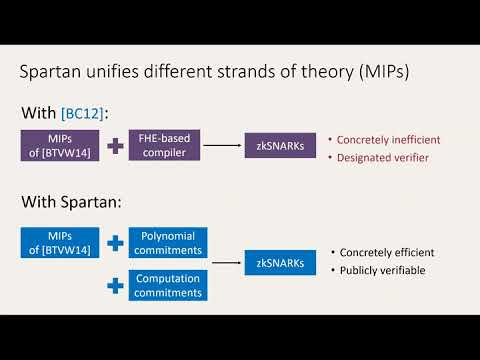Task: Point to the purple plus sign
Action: [115, 146]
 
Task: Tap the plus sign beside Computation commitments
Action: [115, 285]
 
